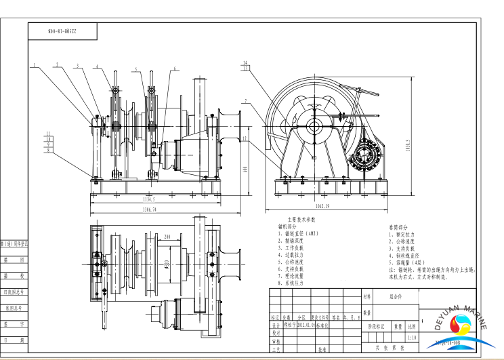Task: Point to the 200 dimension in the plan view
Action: [167, 237]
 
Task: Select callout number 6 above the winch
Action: [175, 68]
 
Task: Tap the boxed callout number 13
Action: [245, 68]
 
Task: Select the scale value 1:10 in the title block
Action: [413, 336]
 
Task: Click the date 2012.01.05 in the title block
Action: [300, 325]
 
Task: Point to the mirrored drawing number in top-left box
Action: [62, 31]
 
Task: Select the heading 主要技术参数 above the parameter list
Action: [301, 220]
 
